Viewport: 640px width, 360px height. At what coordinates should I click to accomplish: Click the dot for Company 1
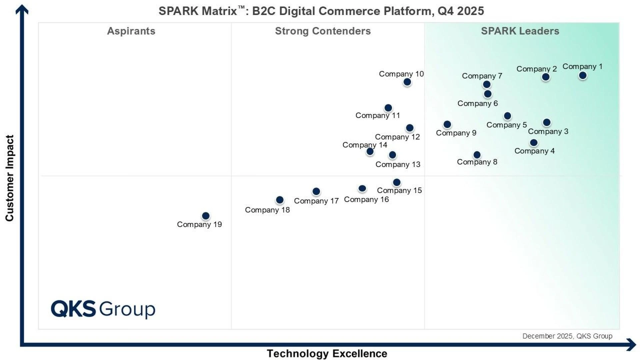pyautogui.click(x=582, y=76)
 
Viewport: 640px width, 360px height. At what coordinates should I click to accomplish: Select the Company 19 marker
pyautogui.click(x=206, y=216)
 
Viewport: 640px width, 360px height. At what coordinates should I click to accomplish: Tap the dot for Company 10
pyautogui.click(x=407, y=82)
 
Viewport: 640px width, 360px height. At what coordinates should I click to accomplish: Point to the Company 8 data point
pyautogui.click(x=477, y=155)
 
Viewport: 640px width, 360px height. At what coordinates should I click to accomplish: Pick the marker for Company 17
pyautogui.click(x=316, y=191)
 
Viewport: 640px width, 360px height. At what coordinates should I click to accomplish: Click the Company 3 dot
pyautogui.click(x=546, y=123)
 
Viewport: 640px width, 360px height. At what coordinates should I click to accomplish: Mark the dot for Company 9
pyautogui.click(x=447, y=124)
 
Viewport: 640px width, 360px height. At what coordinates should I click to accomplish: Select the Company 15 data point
pyautogui.click(x=396, y=182)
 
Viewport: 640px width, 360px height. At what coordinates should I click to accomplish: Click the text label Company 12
pyautogui.click(x=397, y=137)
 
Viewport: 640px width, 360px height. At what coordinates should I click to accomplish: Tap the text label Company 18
pyautogui.click(x=267, y=210)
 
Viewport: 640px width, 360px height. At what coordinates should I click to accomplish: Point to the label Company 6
pyautogui.click(x=477, y=104)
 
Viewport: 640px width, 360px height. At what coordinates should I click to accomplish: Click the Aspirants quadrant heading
pyautogui.click(x=131, y=31)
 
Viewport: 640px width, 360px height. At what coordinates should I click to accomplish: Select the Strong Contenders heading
pyautogui.click(x=323, y=31)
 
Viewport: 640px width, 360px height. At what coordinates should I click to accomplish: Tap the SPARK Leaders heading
pyautogui.click(x=520, y=31)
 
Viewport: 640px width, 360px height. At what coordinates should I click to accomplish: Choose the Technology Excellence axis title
pyautogui.click(x=327, y=353)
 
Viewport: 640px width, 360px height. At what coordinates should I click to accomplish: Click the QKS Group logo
pyautogui.click(x=103, y=309)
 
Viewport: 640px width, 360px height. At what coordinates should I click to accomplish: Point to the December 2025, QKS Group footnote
pyautogui.click(x=567, y=336)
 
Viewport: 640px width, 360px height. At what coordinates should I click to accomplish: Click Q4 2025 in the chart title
pyautogui.click(x=460, y=11)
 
